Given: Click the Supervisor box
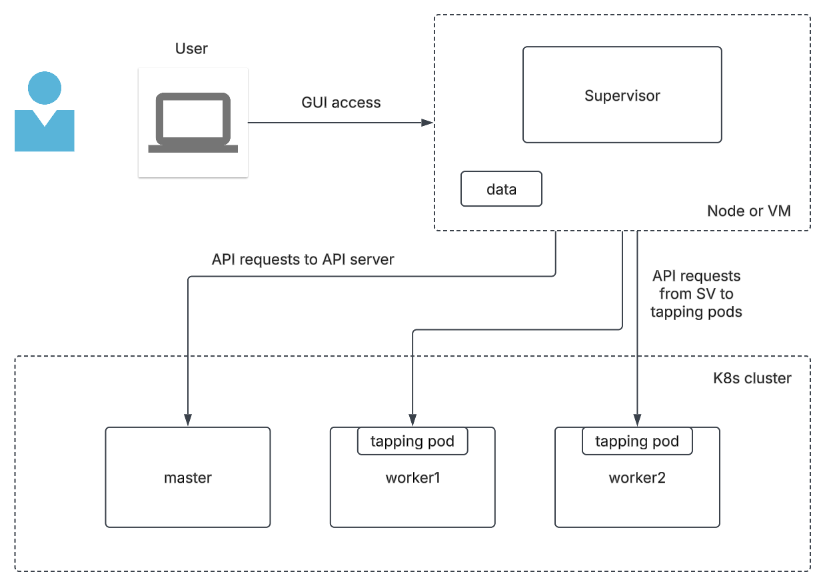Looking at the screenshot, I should point(622,95).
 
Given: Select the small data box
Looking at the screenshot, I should point(501,189).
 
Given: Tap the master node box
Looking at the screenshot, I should point(188,477).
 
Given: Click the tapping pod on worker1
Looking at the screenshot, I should point(412,441).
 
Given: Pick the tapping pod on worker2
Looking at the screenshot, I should point(637,441).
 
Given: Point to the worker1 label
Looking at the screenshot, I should point(412,478).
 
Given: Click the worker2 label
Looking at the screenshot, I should point(637,478).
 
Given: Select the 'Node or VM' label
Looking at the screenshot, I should point(749,211).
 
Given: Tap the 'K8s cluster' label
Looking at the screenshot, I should point(752,379).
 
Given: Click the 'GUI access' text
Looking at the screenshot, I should point(341,103).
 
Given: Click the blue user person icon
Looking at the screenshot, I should point(45,113).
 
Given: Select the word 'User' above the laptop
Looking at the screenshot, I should point(191,49).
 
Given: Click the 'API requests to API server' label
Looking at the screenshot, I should point(303,260).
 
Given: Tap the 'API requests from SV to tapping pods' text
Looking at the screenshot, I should point(696,293).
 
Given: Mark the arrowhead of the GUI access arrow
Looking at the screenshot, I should point(428,123).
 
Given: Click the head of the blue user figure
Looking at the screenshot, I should point(45,88).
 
